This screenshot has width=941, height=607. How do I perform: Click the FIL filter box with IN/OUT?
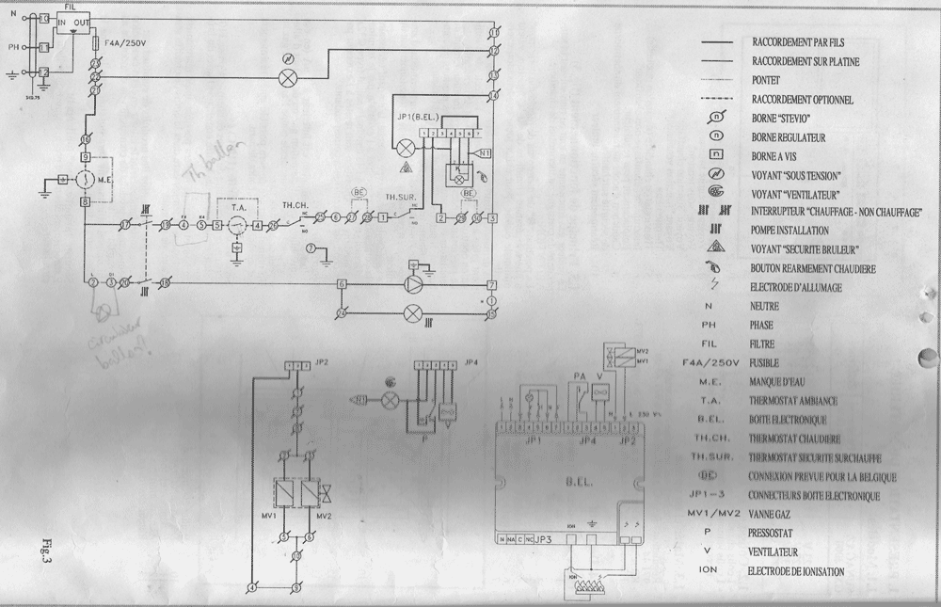tap(72, 22)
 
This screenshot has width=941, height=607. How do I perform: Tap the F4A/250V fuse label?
tap(123, 43)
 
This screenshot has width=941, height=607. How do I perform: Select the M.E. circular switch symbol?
tap(84, 178)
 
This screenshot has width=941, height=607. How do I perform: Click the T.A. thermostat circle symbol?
tap(237, 224)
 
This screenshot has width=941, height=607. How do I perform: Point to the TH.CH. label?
tap(295, 204)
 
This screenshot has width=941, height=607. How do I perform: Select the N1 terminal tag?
tap(484, 152)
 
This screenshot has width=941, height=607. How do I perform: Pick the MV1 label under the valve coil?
tap(268, 516)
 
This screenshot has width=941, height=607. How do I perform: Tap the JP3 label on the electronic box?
tap(544, 540)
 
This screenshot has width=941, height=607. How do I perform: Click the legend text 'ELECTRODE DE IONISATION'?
tap(795, 571)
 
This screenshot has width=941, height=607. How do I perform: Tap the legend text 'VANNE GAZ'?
tap(773, 514)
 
